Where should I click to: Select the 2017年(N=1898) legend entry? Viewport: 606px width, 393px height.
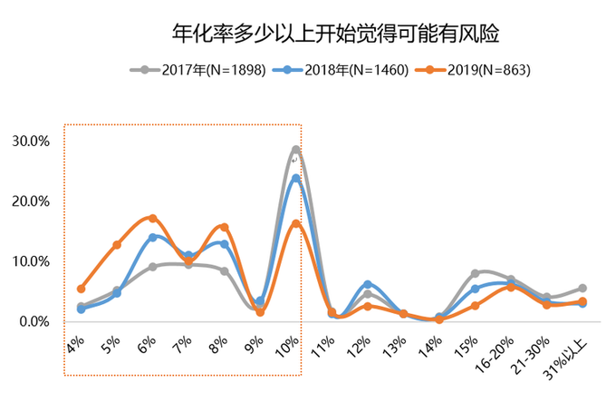tap(200, 70)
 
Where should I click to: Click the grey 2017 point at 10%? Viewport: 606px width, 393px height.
tap(295, 150)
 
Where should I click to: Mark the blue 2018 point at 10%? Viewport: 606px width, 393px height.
tap(295, 179)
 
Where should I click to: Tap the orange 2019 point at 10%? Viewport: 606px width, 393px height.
tap(295, 224)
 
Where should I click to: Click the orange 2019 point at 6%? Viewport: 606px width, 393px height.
tap(152, 218)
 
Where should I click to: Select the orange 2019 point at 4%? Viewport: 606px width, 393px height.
tap(81, 289)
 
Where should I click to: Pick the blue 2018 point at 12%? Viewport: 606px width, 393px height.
tap(367, 284)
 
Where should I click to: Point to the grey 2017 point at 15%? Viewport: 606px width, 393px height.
tap(475, 273)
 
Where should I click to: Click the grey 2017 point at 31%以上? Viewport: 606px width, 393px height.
tap(582, 289)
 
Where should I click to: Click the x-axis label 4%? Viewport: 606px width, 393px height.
tap(75, 343)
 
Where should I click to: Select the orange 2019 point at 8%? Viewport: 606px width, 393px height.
tap(224, 227)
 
